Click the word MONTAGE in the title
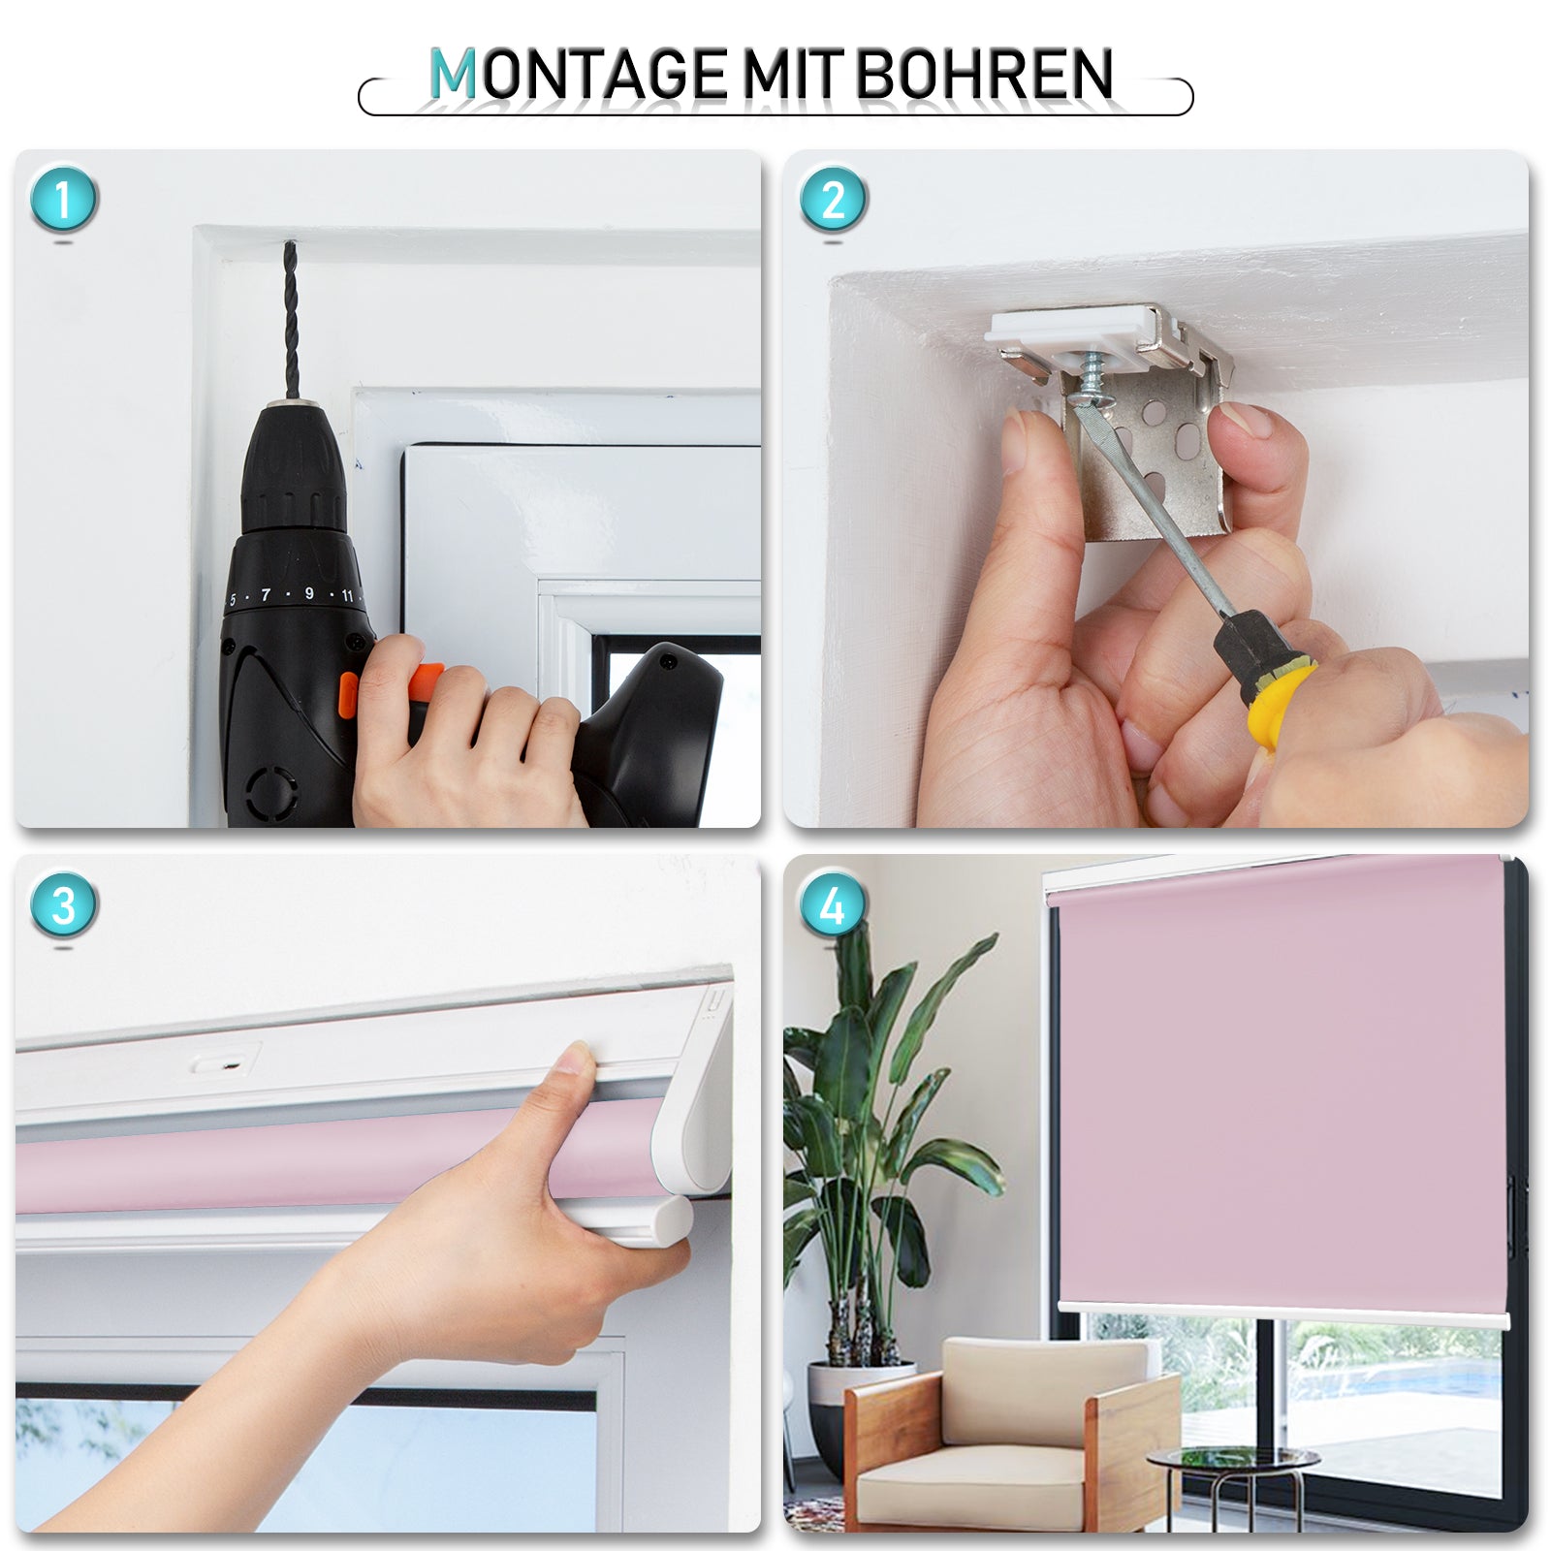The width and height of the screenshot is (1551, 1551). coord(578,75)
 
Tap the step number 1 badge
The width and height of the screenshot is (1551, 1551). coord(64,200)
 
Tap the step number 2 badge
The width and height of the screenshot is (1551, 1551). coord(833,200)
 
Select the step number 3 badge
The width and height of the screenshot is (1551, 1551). coord(64,905)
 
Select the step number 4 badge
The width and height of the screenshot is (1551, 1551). coord(833,905)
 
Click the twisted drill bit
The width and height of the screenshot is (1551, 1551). coord(290,320)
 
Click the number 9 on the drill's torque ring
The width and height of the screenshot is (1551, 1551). coord(309,593)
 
